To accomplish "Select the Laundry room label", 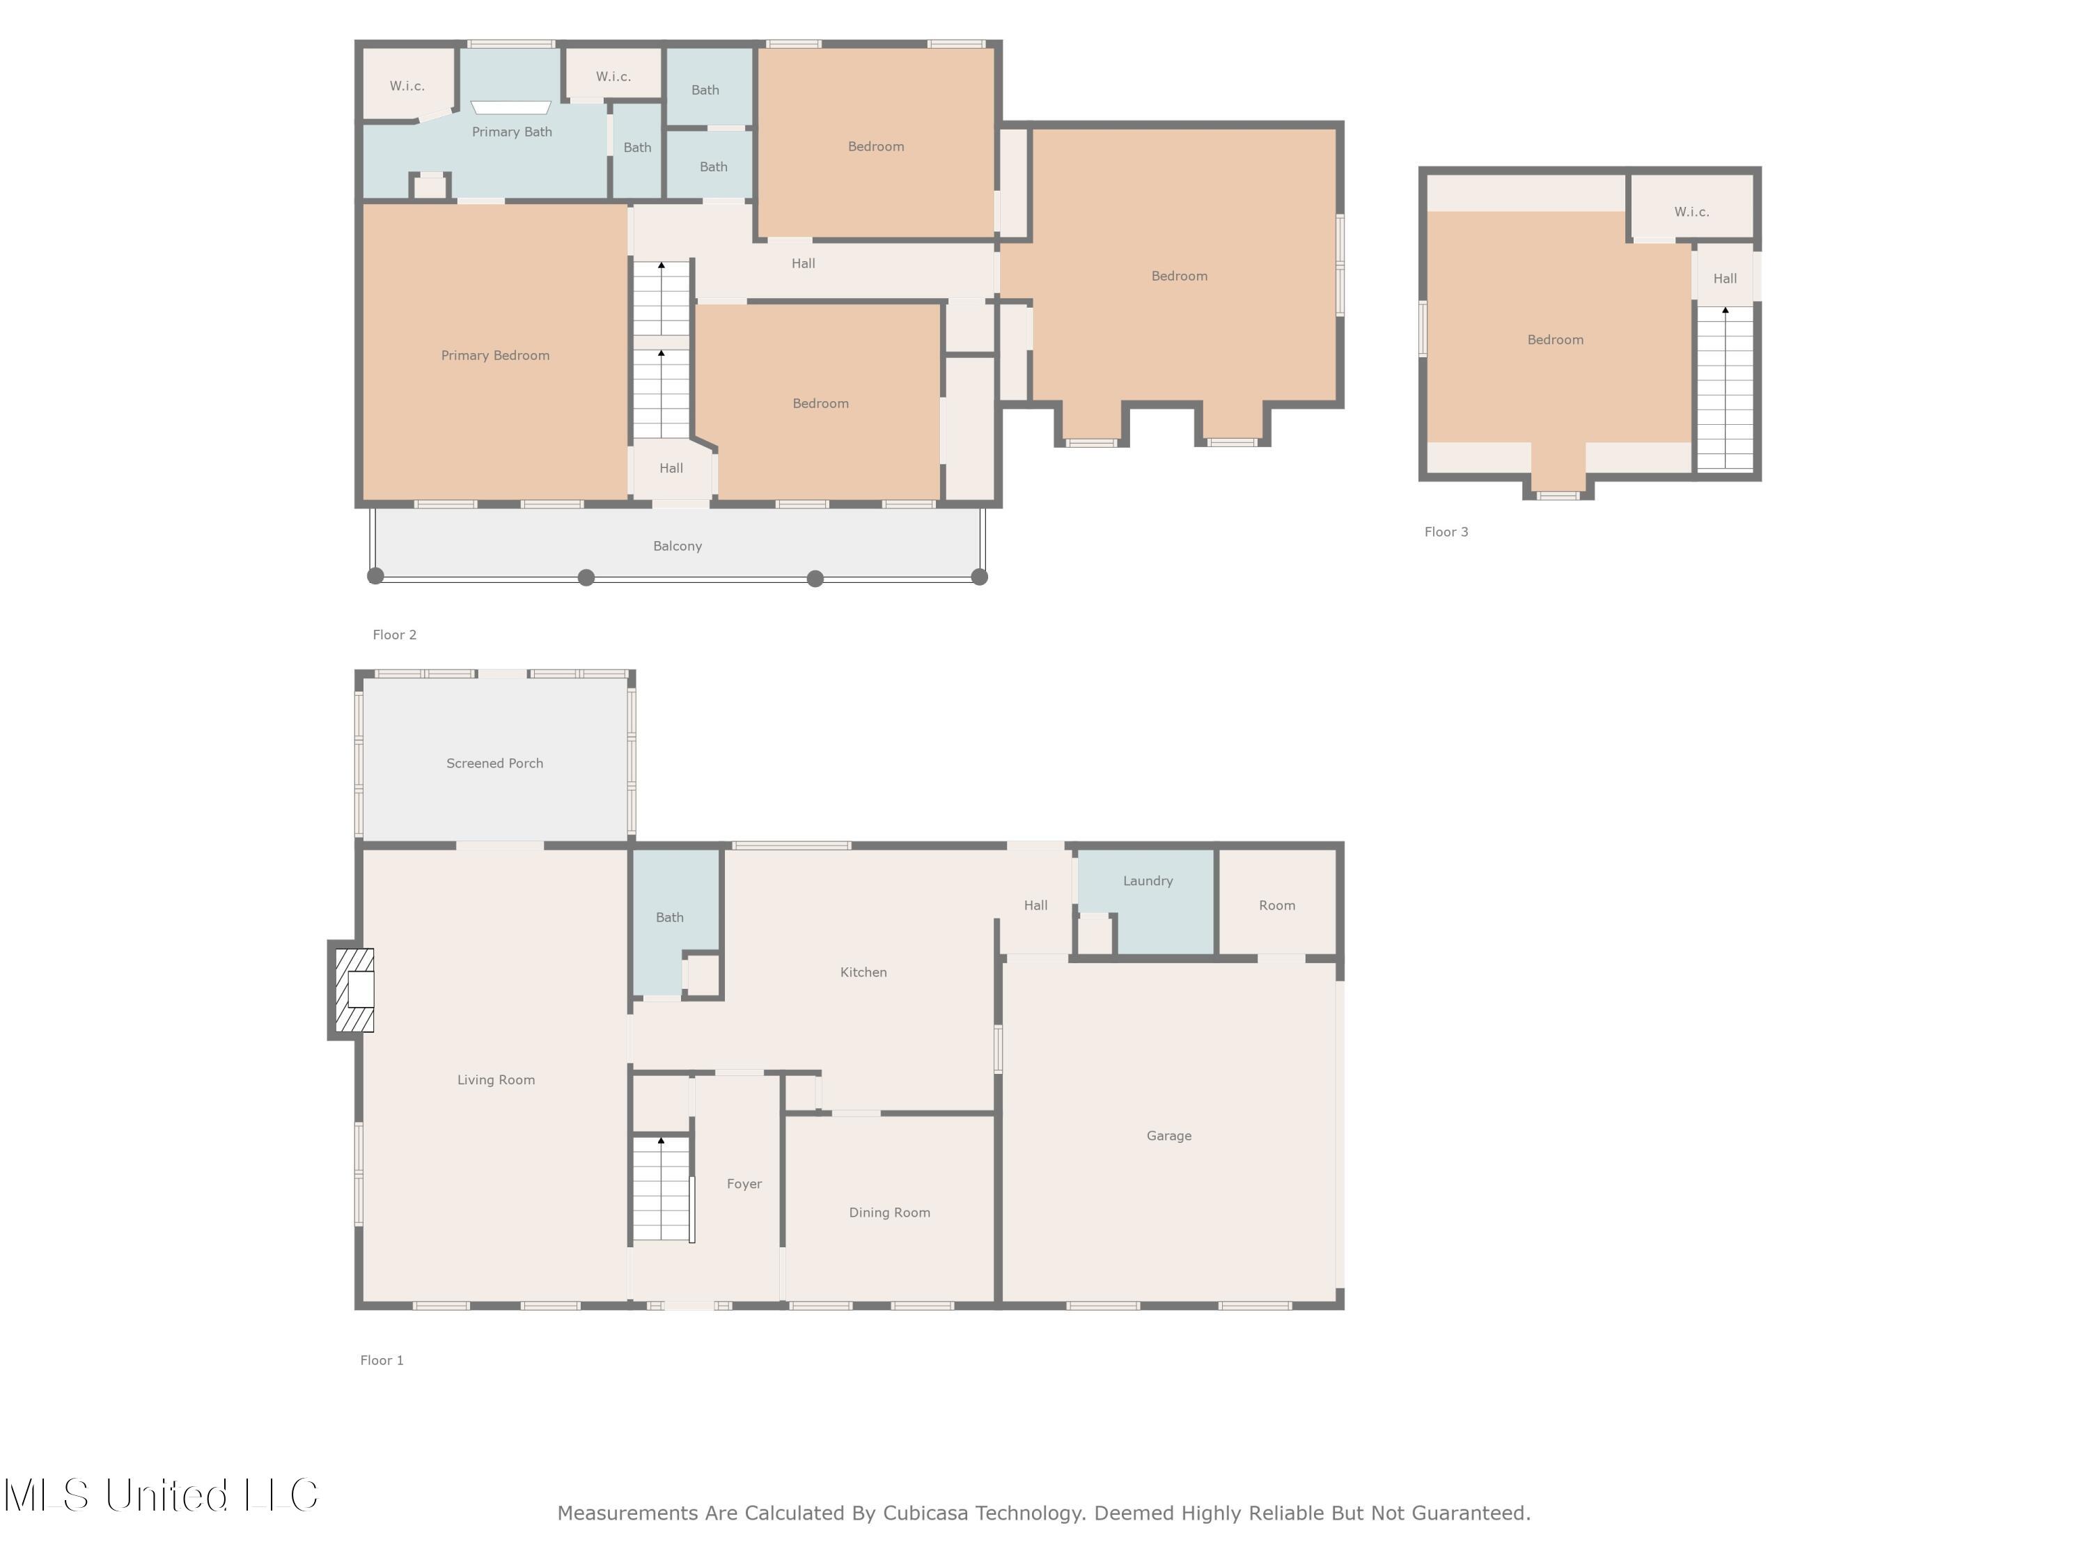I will [1148, 880].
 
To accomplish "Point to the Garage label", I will [1168, 1135].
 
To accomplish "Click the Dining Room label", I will [889, 1212].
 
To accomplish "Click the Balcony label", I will [677, 546].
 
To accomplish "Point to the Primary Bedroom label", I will [495, 355].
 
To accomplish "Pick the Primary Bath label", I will [511, 132].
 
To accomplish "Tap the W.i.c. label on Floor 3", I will [1691, 212].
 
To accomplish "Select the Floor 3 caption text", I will [1445, 532].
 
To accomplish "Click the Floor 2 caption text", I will [394, 634].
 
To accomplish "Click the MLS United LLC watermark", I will [161, 1495].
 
